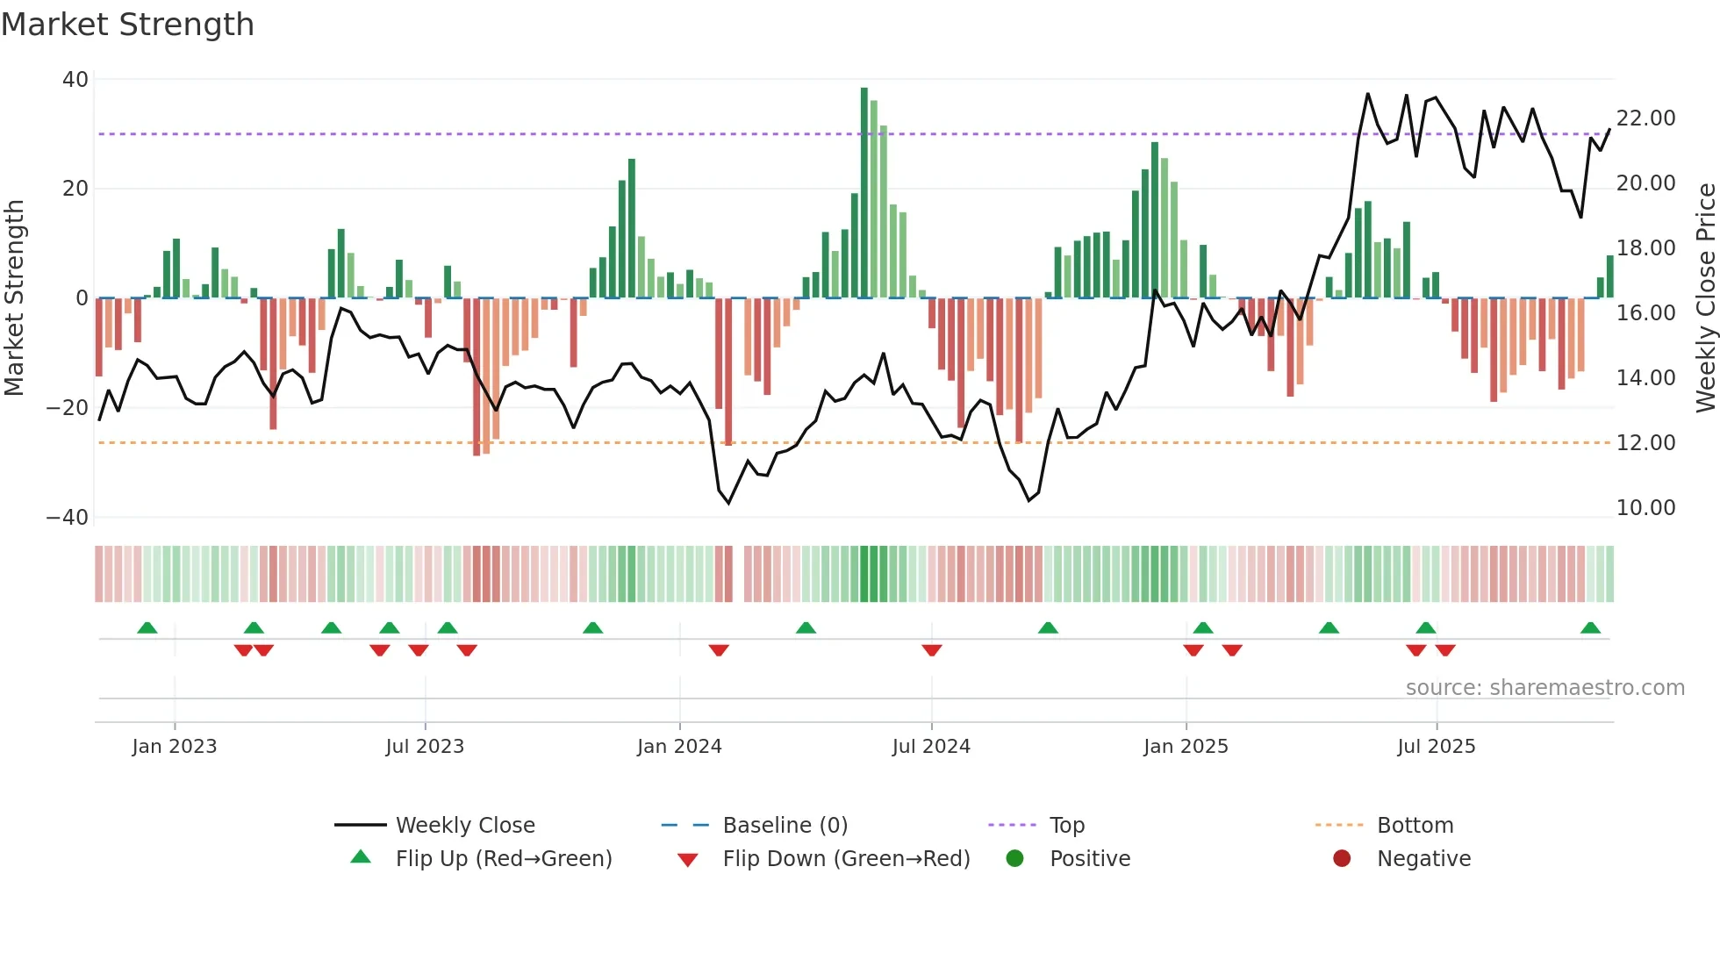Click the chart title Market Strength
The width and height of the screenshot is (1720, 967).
(127, 25)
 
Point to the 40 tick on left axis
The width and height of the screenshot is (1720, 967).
(75, 80)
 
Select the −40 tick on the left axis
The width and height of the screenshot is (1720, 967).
(68, 518)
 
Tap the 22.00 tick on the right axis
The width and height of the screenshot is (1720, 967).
(1645, 118)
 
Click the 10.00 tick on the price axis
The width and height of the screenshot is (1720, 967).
(1645, 508)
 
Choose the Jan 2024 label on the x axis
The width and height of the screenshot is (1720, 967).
(679, 747)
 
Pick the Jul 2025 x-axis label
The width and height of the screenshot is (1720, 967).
(1436, 747)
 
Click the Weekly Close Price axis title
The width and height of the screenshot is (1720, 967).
(1705, 298)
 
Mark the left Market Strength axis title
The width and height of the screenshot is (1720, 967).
(14, 298)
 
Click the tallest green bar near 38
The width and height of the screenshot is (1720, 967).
(864, 193)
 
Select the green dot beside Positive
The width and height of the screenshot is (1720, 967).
(1015, 859)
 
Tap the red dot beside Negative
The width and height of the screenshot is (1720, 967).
(1342, 859)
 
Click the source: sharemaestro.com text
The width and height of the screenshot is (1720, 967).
(1544, 688)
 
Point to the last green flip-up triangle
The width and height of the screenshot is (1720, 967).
(1590, 628)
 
